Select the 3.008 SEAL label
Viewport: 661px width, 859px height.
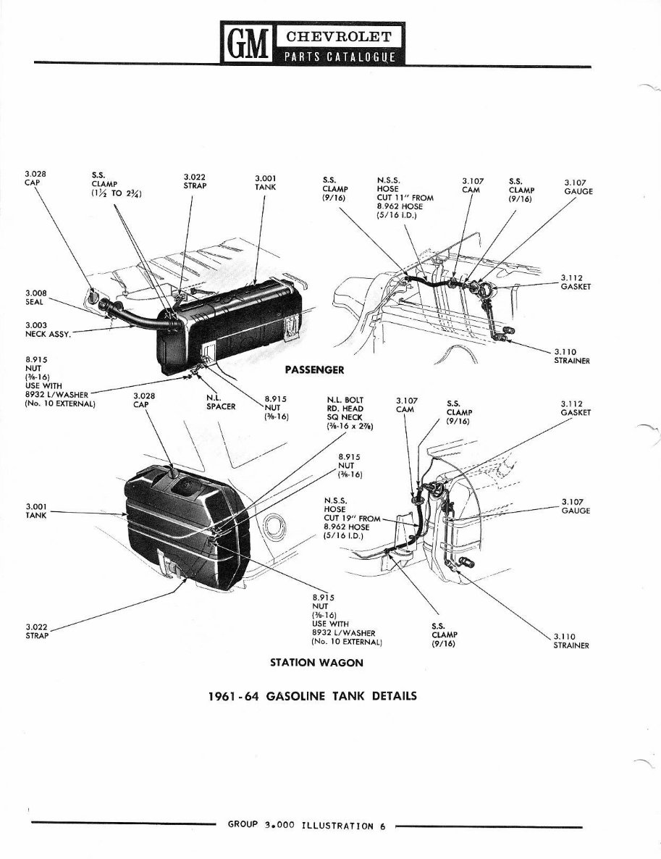point(35,298)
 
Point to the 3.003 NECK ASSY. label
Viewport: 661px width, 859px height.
point(46,330)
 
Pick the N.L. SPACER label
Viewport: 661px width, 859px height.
point(221,402)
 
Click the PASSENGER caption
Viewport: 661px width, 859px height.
point(313,369)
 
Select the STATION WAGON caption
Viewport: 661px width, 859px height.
point(316,662)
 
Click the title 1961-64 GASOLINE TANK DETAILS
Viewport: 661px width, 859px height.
point(313,696)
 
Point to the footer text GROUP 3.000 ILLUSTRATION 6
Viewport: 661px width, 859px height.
point(306,824)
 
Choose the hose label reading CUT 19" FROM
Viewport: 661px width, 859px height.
point(352,518)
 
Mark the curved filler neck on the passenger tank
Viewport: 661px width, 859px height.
point(134,312)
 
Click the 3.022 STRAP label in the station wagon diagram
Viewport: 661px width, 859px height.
point(36,631)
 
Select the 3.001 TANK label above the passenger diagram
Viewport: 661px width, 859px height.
point(266,180)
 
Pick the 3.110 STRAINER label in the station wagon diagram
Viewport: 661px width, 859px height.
point(571,641)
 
